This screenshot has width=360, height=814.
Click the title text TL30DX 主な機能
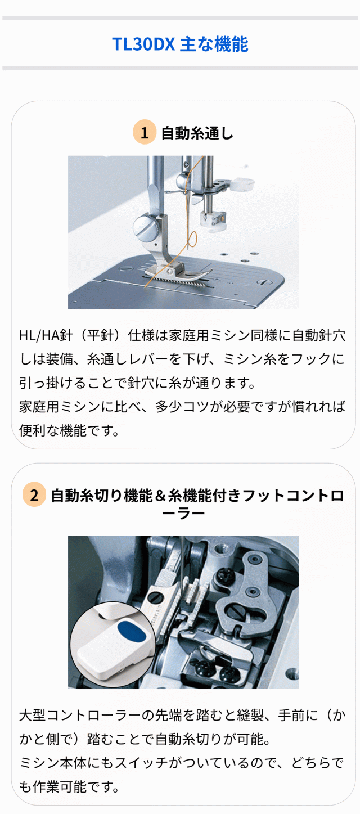coord(180,44)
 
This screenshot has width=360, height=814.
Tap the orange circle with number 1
coord(145,133)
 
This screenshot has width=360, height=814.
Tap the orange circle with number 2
coord(34,496)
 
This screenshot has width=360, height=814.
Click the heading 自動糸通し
coord(197,133)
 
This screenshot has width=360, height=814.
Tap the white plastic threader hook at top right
coord(243,182)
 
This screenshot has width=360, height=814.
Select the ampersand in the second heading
coord(160,496)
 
